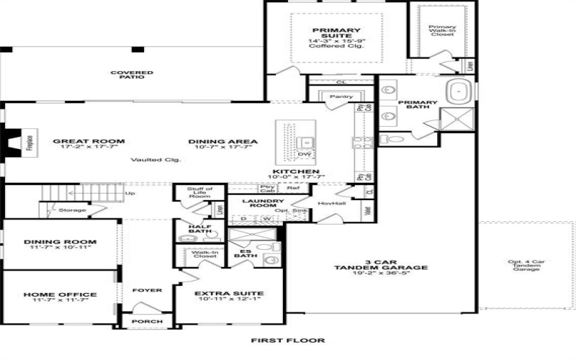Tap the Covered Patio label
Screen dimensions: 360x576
127,75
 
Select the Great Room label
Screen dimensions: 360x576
89,141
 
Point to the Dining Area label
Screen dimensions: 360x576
222,141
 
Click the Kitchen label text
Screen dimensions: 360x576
295,171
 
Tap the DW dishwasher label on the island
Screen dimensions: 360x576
305,154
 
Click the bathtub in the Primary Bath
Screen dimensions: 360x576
458,91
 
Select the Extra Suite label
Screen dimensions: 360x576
229,294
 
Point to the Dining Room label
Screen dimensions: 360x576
60,242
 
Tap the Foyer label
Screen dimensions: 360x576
147,290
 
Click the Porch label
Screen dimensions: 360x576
147,321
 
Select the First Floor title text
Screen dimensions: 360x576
287,341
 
